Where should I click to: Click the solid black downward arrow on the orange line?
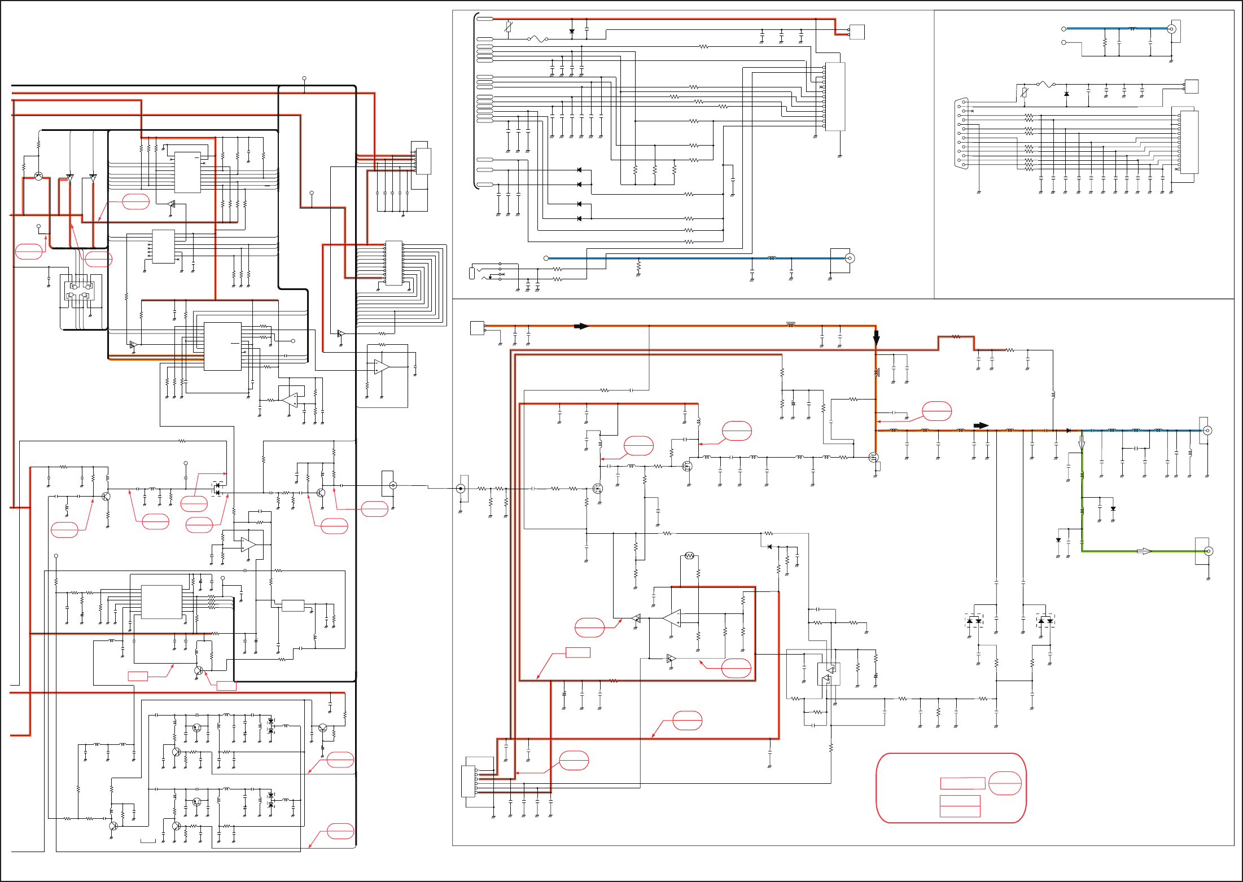[x=876, y=337]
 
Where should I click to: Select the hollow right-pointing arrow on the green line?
[x=1144, y=551]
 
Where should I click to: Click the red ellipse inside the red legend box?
[x=1005, y=783]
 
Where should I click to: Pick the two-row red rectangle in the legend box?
[x=960, y=806]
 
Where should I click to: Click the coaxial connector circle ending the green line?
[x=1208, y=551]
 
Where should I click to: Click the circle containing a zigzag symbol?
[x=689, y=556]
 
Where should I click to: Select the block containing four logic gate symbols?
[x=80, y=291]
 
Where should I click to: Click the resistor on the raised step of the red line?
[x=956, y=337]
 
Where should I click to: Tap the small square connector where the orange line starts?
[x=477, y=328]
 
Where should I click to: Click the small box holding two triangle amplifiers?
[x=828, y=674]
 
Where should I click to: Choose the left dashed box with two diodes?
[x=974, y=621]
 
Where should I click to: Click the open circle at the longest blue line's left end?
[x=546, y=258]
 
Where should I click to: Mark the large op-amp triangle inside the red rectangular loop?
[x=672, y=618]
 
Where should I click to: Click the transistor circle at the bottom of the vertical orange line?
[x=874, y=458]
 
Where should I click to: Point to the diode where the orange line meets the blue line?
[x=1068, y=431]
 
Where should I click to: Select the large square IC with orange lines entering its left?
[x=222, y=346]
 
